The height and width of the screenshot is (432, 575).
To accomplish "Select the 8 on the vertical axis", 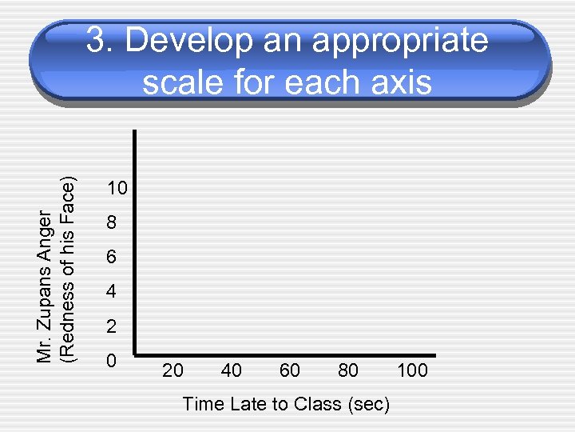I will pos(112,224).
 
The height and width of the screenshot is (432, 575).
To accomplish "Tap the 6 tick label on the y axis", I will pos(112,258).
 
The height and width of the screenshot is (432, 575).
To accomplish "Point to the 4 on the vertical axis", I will pos(112,293).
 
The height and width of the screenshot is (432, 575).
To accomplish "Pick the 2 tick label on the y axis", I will pos(112,327).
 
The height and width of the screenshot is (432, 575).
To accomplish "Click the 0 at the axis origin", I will pos(112,361).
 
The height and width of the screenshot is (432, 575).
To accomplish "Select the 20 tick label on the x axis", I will pos(172,370).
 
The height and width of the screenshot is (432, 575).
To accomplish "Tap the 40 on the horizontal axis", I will pos(232,370).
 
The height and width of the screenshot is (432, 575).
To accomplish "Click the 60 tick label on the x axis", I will pos(290,370).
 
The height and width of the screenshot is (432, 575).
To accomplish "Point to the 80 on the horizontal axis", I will pos(348,370).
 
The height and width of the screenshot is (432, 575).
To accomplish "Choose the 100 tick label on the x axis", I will pos(412,370).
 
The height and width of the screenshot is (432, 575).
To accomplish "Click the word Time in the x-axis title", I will pos(203,405).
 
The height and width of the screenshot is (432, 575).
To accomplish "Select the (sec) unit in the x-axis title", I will pos(368,405).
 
